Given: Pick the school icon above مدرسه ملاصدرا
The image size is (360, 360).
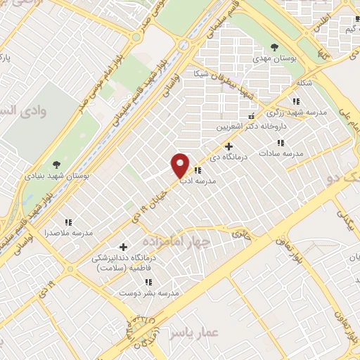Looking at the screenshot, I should (x=68, y=221).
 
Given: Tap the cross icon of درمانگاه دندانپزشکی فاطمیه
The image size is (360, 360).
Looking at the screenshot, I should (x=124, y=247).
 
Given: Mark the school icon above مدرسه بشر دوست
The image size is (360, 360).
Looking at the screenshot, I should (x=148, y=282).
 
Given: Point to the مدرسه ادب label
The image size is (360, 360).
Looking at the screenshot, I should (x=199, y=181).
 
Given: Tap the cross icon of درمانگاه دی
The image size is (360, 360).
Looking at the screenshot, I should (x=229, y=146).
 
